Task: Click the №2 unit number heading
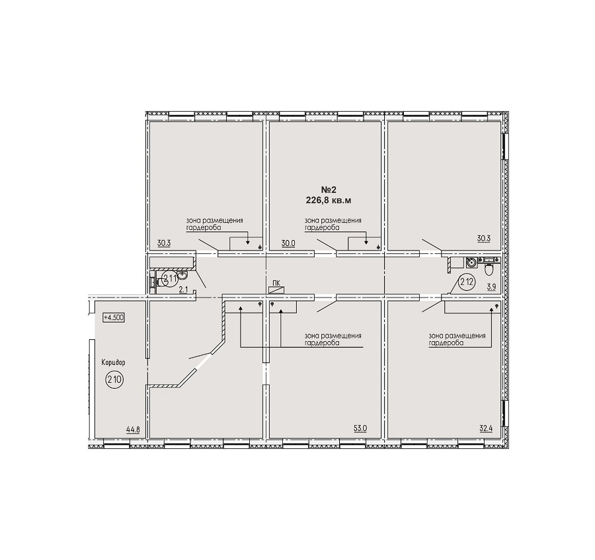tap(329, 190)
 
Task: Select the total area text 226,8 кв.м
tap(329, 200)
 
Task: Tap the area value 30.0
tap(288, 243)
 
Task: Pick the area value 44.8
tap(133, 430)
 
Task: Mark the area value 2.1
tap(183, 290)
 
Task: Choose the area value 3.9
tap(491, 287)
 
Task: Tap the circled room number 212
tap(466, 282)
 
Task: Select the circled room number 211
tap(169, 279)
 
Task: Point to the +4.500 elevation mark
tap(114, 317)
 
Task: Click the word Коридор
tap(113, 362)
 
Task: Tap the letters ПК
tap(276, 283)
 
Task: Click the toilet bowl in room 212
tap(489, 269)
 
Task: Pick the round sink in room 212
tap(471, 262)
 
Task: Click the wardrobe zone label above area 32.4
tap(457, 339)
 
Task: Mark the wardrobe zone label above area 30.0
tap(333, 224)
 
